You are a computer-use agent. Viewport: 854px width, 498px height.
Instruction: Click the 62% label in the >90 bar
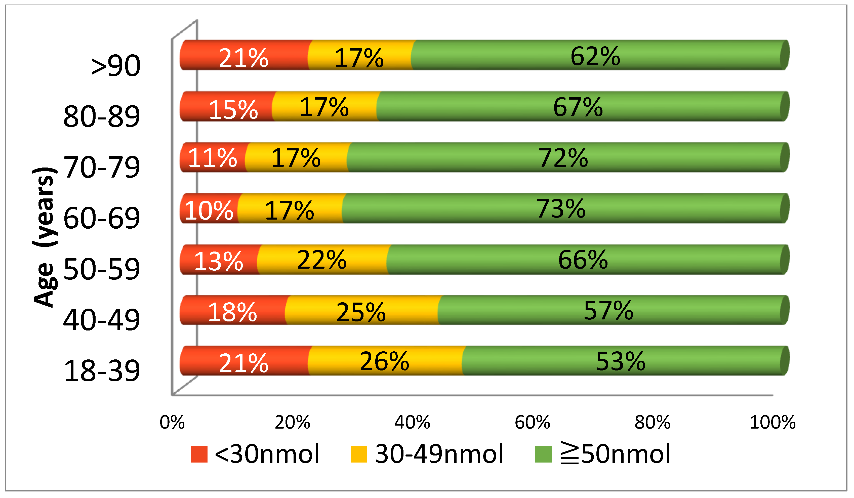click(x=595, y=57)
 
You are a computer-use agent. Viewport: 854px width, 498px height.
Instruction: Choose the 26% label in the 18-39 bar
click(x=384, y=361)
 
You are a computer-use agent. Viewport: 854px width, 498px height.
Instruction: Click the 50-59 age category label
click(x=102, y=269)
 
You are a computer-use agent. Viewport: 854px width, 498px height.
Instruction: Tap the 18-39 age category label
click(x=102, y=371)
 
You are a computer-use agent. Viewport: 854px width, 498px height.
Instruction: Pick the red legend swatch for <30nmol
click(x=199, y=454)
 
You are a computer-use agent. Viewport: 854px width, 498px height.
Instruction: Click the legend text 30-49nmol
click(x=439, y=454)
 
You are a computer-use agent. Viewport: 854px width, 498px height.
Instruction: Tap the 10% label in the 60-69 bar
click(x=209, y=210)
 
